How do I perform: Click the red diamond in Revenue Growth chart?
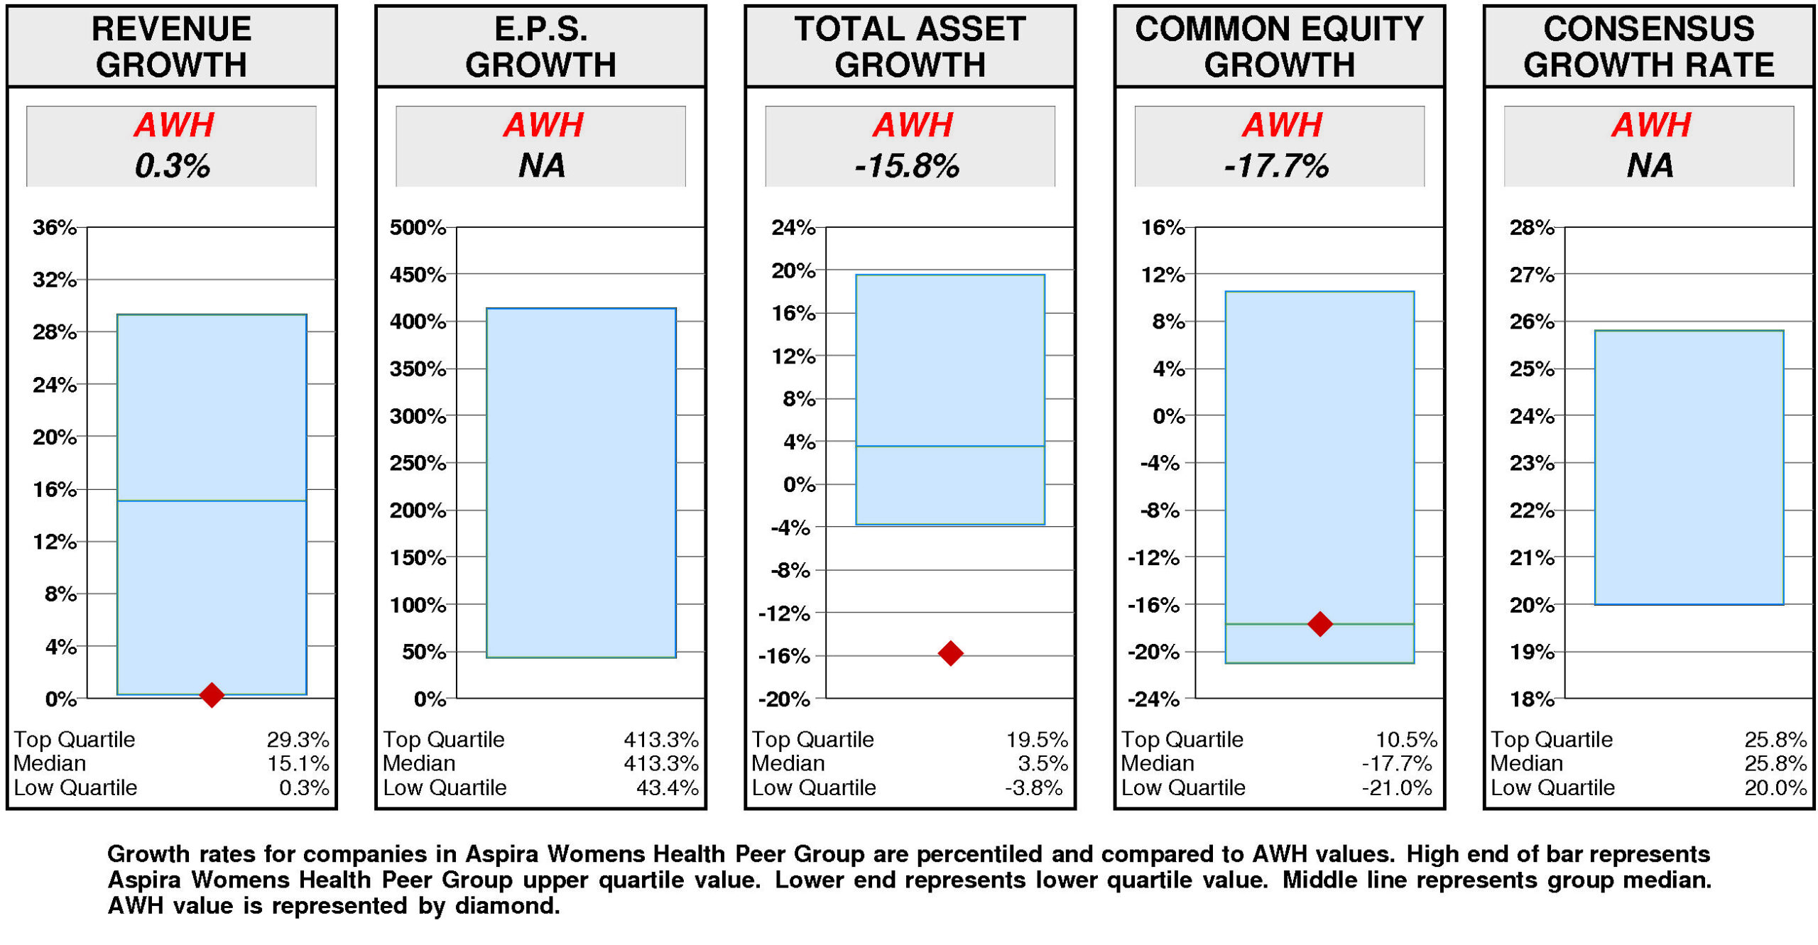tap(211, 694)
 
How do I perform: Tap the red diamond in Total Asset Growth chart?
tap(949, 652)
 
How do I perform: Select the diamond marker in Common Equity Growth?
tap(1319, 623)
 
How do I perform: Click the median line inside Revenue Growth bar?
tap(211, 501)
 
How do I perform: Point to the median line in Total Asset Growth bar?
tap(949, 446)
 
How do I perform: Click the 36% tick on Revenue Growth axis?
tap(54, 227)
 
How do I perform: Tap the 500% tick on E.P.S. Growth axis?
tap(417, 227)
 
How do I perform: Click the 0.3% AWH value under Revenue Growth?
tap(172, 165)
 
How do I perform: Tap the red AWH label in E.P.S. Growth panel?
tap(543, 125)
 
